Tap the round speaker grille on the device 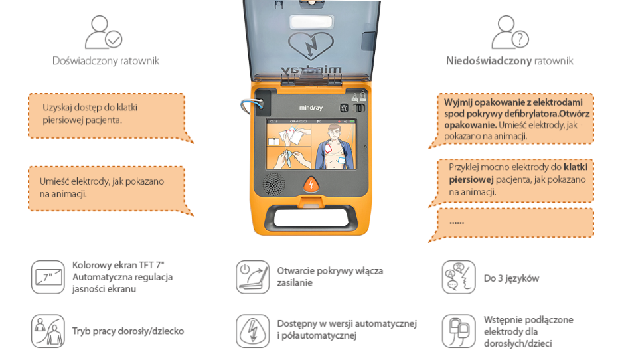point(272,183)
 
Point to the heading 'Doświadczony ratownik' point(106,61)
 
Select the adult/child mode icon point(48,330)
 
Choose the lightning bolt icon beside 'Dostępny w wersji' point(253,330)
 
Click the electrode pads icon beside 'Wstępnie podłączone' point(459,330)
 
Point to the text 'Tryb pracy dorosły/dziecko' point(127,331)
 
